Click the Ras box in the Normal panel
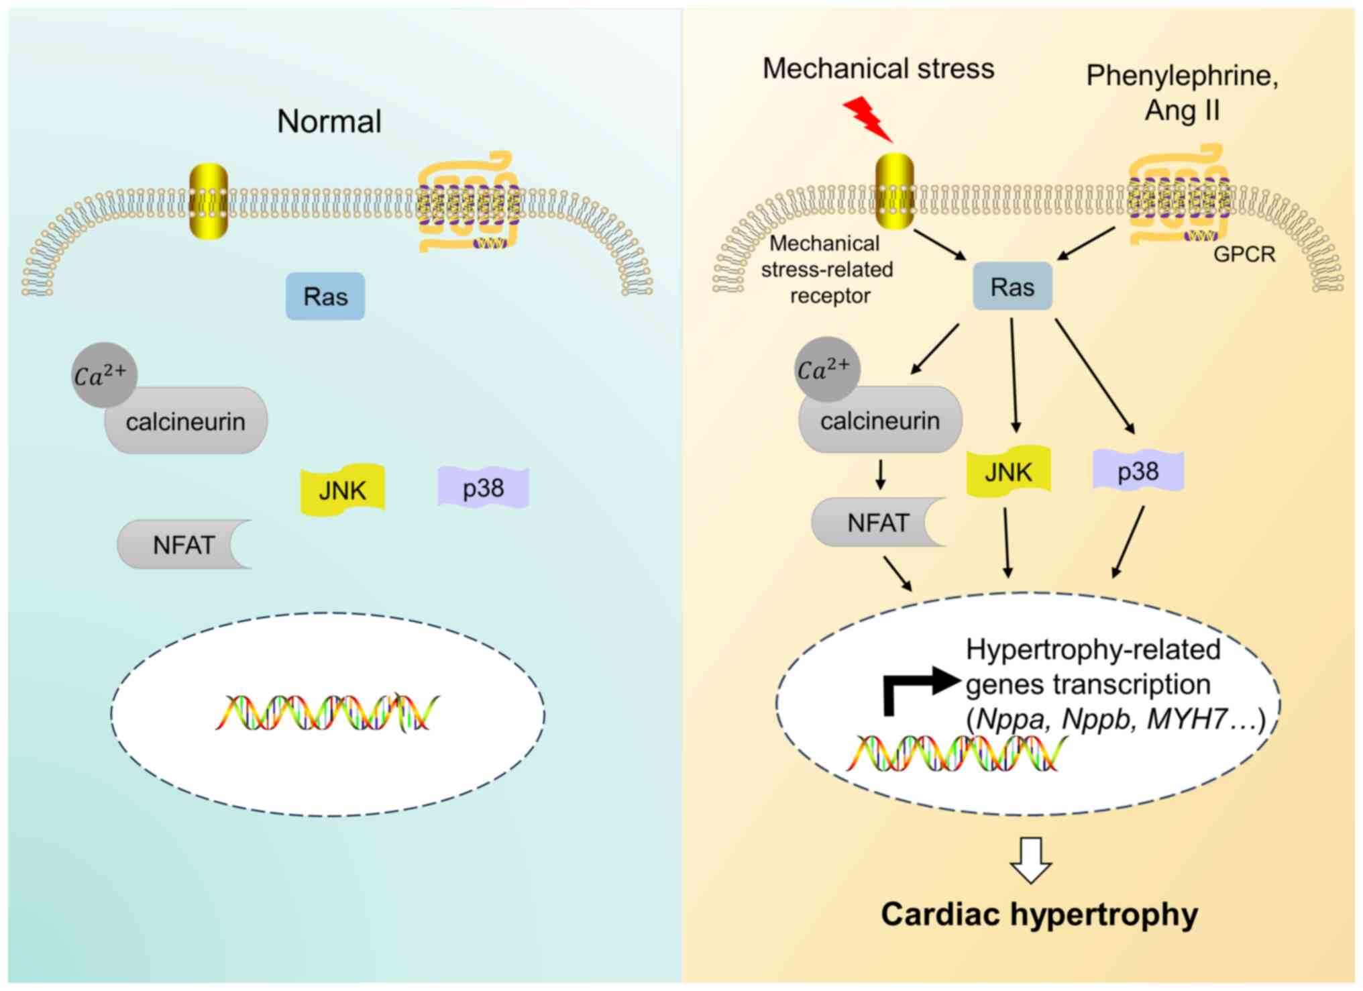[x=325, y=297]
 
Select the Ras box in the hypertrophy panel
[x=1012, y=286]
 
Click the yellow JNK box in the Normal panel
[x=342, y=490]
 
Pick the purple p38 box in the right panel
[x=1138, y=471]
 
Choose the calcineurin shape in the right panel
[x=880, y=421]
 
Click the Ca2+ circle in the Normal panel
[x=103, y=375]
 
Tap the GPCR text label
[x=1244, y=254]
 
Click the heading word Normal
[x=329, y=121]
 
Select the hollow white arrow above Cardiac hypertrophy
[x=1031, y=859]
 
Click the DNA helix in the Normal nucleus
[x=327, y=713]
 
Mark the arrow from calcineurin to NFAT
[x=881, y=474]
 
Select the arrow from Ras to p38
[x=1095, y=376]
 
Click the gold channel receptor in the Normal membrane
[x=209, y=201]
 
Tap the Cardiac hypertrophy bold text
[x=1039, y=914]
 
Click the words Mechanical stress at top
[x=878, y=68]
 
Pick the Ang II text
[x=1182, y=110]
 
